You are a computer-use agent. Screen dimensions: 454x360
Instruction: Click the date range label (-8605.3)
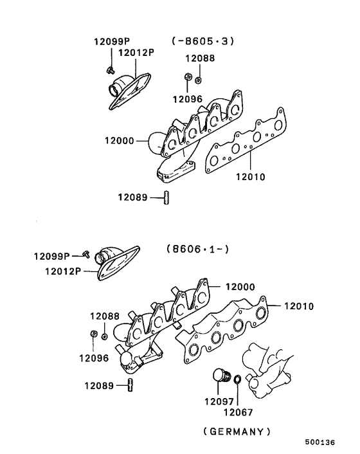tap(203, 41)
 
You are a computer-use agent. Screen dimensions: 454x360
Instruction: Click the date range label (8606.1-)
tap(198, 248)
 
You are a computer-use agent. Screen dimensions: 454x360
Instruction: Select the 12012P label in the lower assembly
tap(62, 271)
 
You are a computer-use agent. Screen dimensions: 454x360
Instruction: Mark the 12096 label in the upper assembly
tap(187, 99)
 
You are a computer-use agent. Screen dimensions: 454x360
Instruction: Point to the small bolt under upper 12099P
tap(110, 69)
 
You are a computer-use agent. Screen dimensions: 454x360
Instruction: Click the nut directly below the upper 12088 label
tap(199, 79)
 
